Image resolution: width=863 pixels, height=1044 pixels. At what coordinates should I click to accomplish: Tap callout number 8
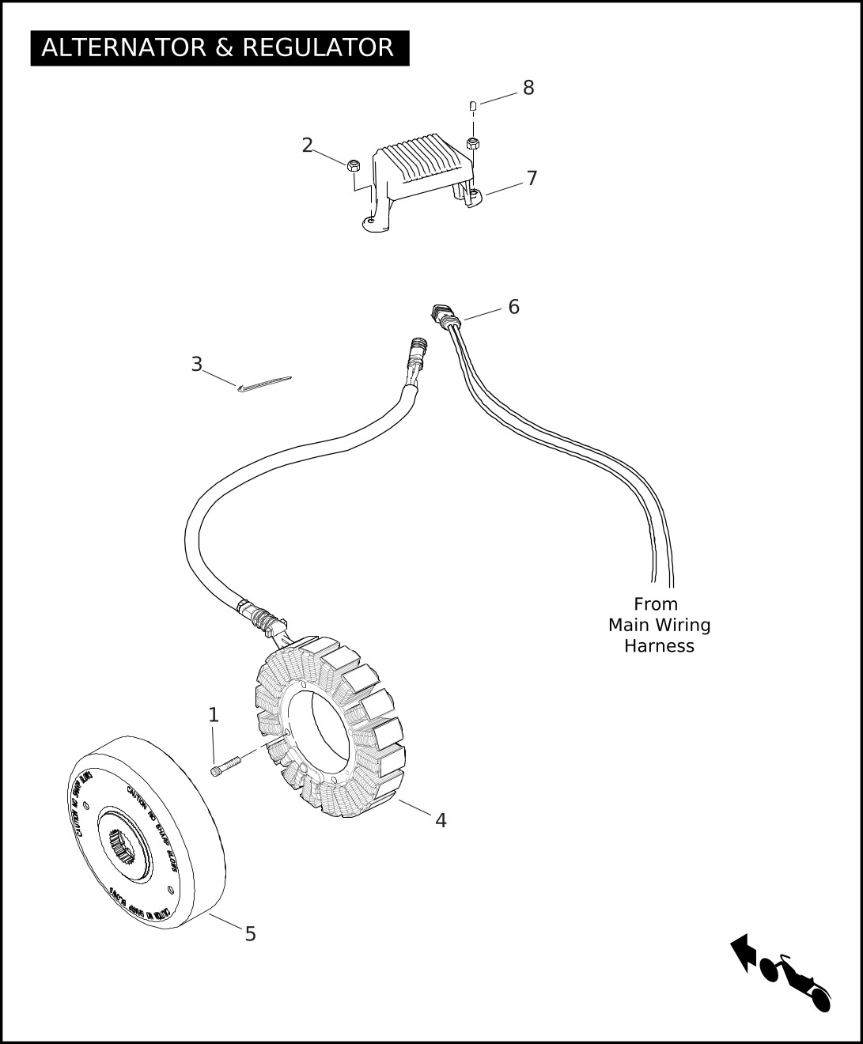pos(528,88)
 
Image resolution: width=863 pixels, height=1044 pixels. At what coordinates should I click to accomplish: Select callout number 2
pos(307,146)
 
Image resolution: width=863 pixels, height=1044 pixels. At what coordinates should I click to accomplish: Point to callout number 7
pos(532,179)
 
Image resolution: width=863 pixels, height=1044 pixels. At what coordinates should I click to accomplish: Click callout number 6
pos(513,307)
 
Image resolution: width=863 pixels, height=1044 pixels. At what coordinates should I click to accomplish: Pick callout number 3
pos(196,365)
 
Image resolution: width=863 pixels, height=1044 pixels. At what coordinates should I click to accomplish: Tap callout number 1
pos(213,715)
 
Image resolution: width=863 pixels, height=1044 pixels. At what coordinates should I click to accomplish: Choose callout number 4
pos(441,821)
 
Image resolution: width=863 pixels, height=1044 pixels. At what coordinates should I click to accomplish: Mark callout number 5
pos(250,934)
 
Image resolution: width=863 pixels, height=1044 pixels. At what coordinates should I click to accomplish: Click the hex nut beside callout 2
pos(354,165)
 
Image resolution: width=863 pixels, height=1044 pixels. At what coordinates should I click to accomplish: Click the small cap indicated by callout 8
pos(473,105)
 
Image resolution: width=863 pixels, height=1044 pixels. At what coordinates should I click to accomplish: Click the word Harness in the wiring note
pos(659,646)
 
